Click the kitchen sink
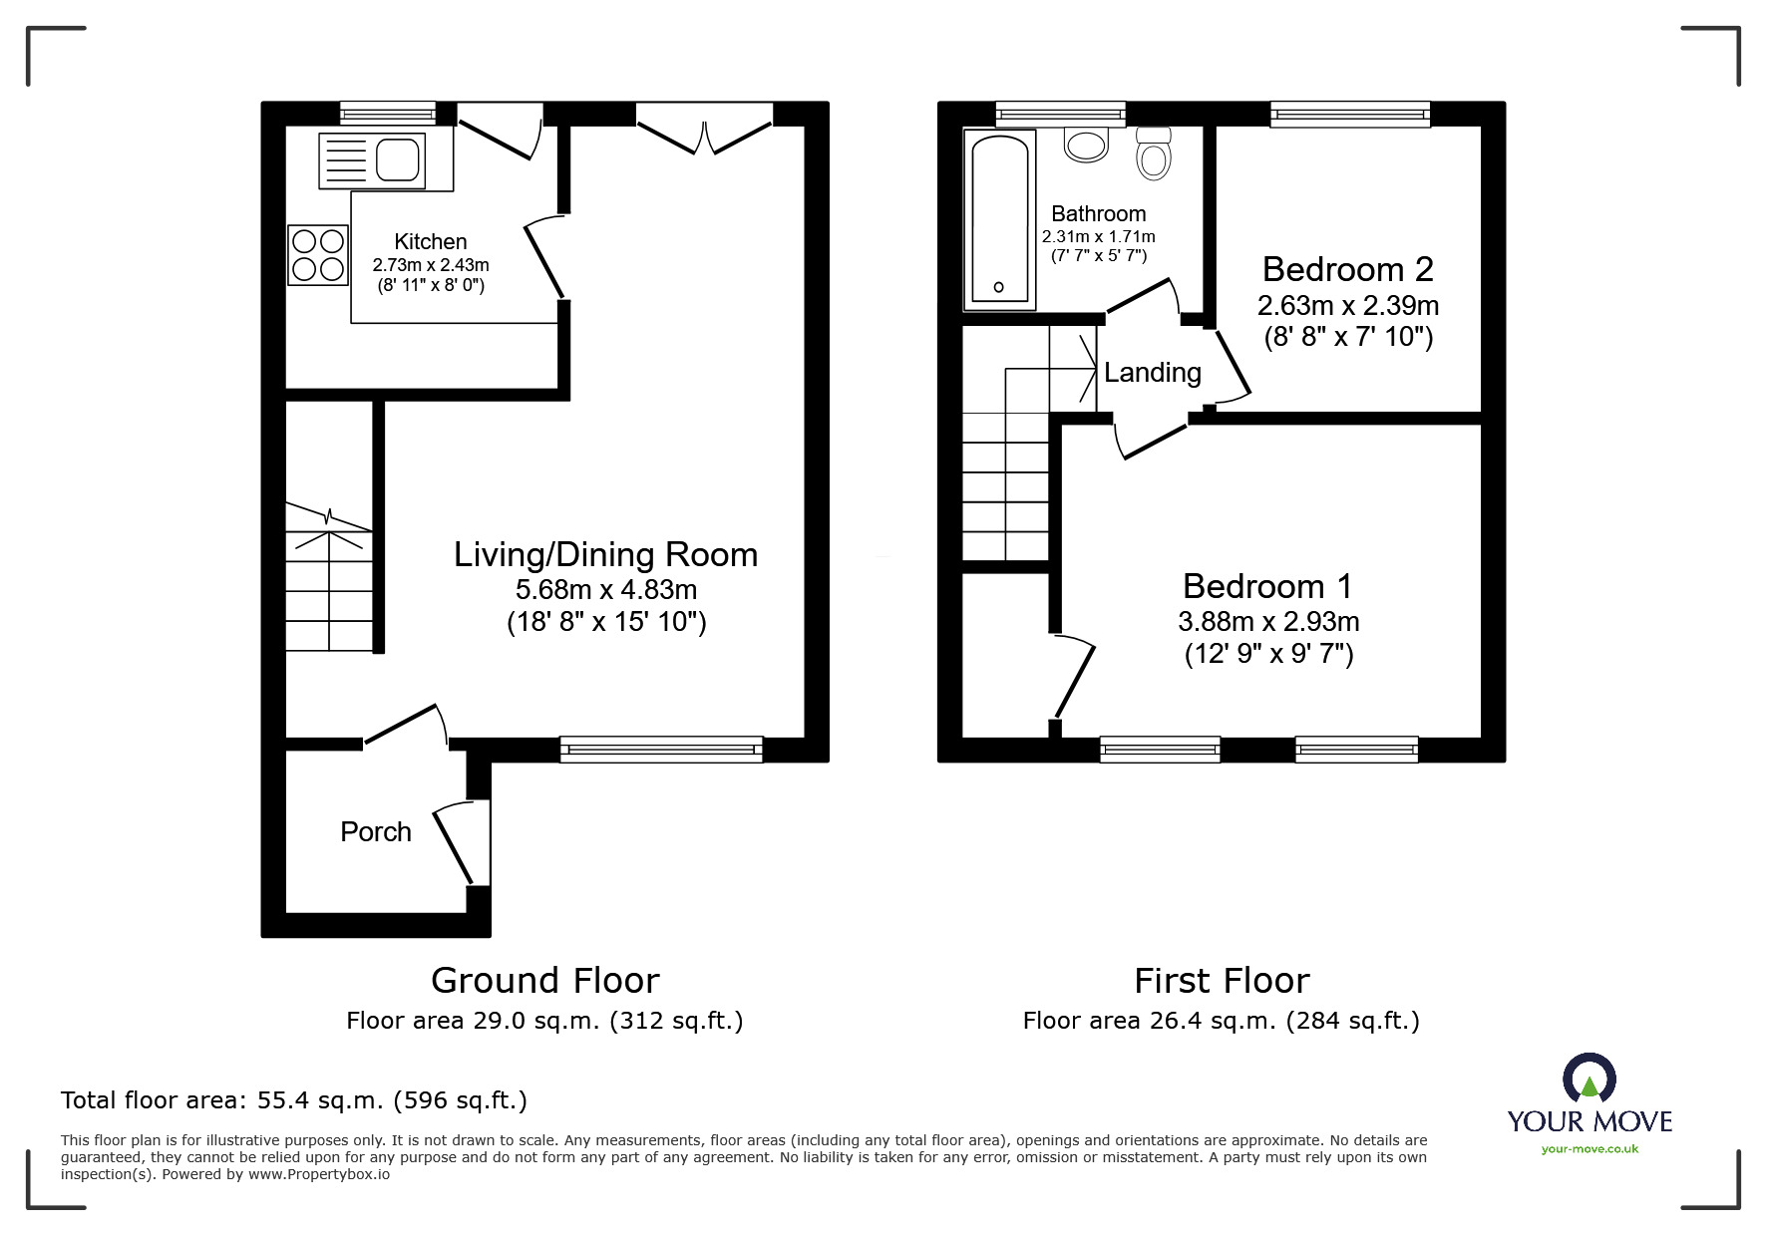pos(372,160)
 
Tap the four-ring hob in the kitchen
pos(318,254)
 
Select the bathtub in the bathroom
pos(999,219)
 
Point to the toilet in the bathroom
pos(1154,153)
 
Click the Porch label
pos(376,832)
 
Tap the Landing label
pos(1153,373)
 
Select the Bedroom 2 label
pos(1348,269)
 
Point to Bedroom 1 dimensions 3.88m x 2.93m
pos(1268,621)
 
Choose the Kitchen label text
pos(431,241)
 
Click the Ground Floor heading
pos(545,981)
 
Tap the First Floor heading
pos(1222,981)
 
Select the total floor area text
pos(294,1100)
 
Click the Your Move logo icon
pos(1589,1079)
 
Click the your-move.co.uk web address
pos(1589,1149)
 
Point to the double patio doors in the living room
pos(705,130)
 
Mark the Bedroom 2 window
pos(1350,115)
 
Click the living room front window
pos(661,749)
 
